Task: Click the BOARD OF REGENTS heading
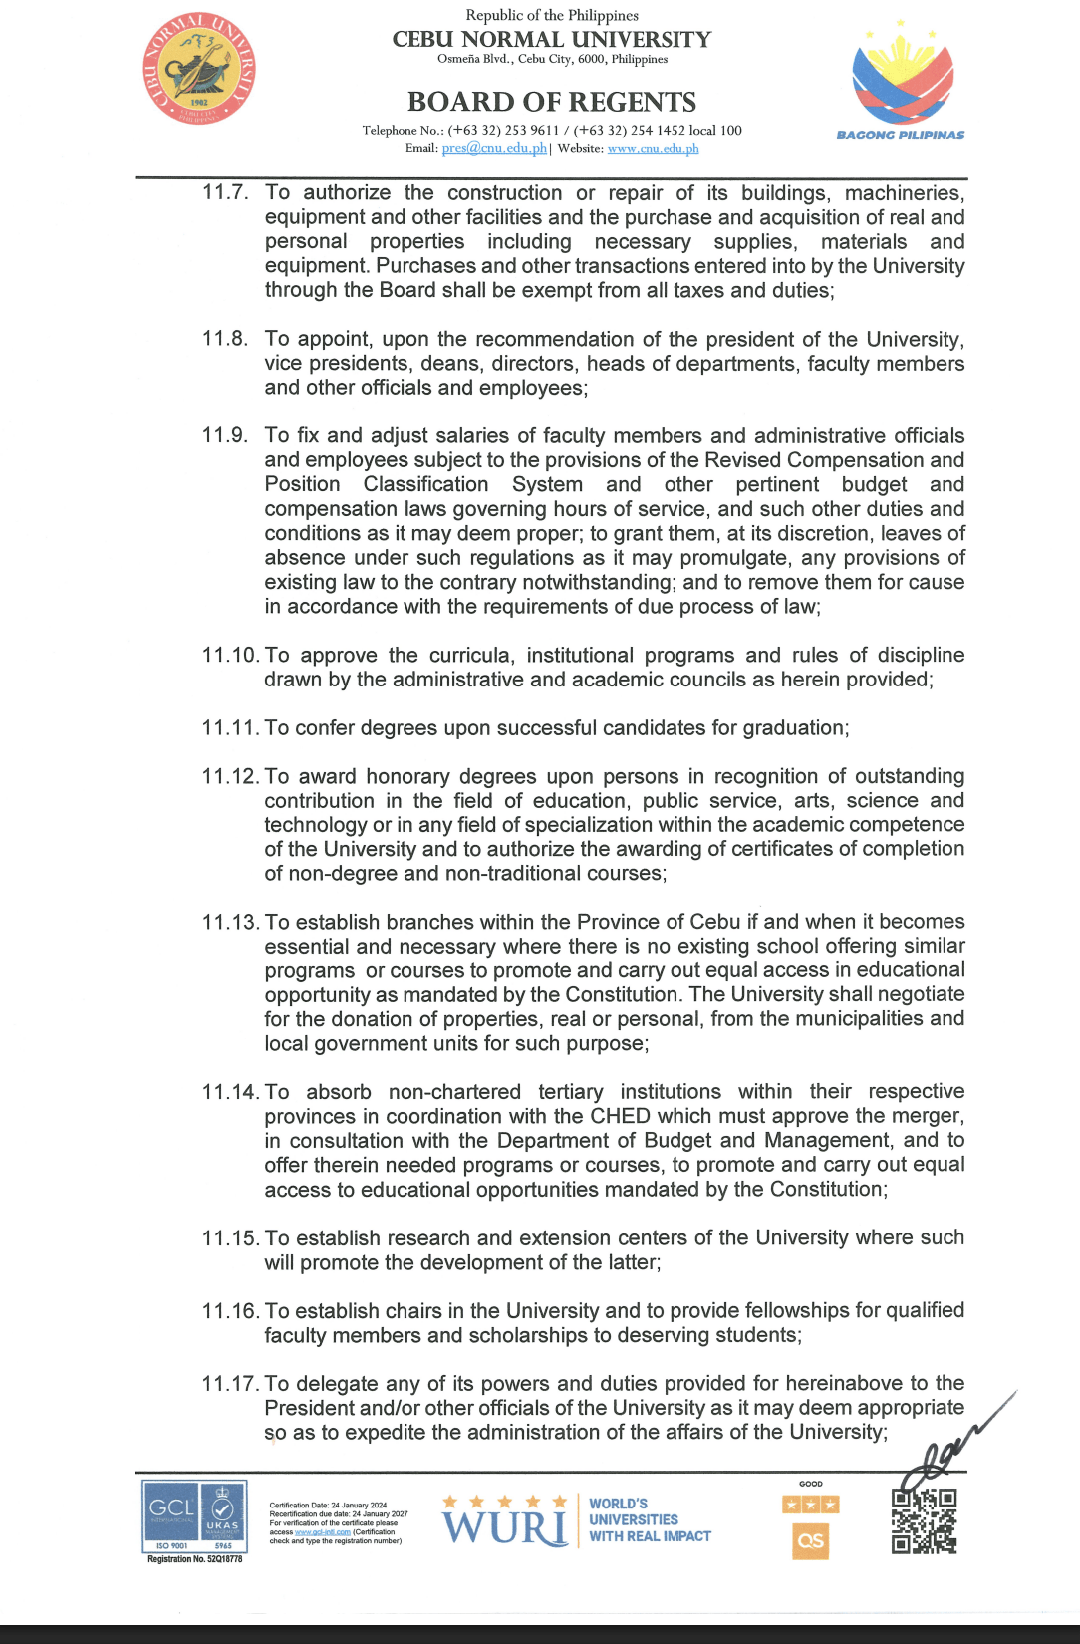coord(552,102)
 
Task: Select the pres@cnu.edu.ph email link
coord(494,148)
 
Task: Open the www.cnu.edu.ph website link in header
coord(653,149)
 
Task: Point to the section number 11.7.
coord(225,192)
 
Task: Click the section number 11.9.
coord(225,435)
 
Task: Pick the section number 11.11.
coord(230,728)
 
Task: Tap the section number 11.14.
coord(230,1092)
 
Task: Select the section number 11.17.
coord(230,1384)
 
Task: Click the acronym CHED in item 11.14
coord(619,1116)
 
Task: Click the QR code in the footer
coord(925,1520)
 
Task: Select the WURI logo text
coord(505,1527)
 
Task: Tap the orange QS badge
coord(811,1541)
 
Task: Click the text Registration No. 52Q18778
coord(195,1559)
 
